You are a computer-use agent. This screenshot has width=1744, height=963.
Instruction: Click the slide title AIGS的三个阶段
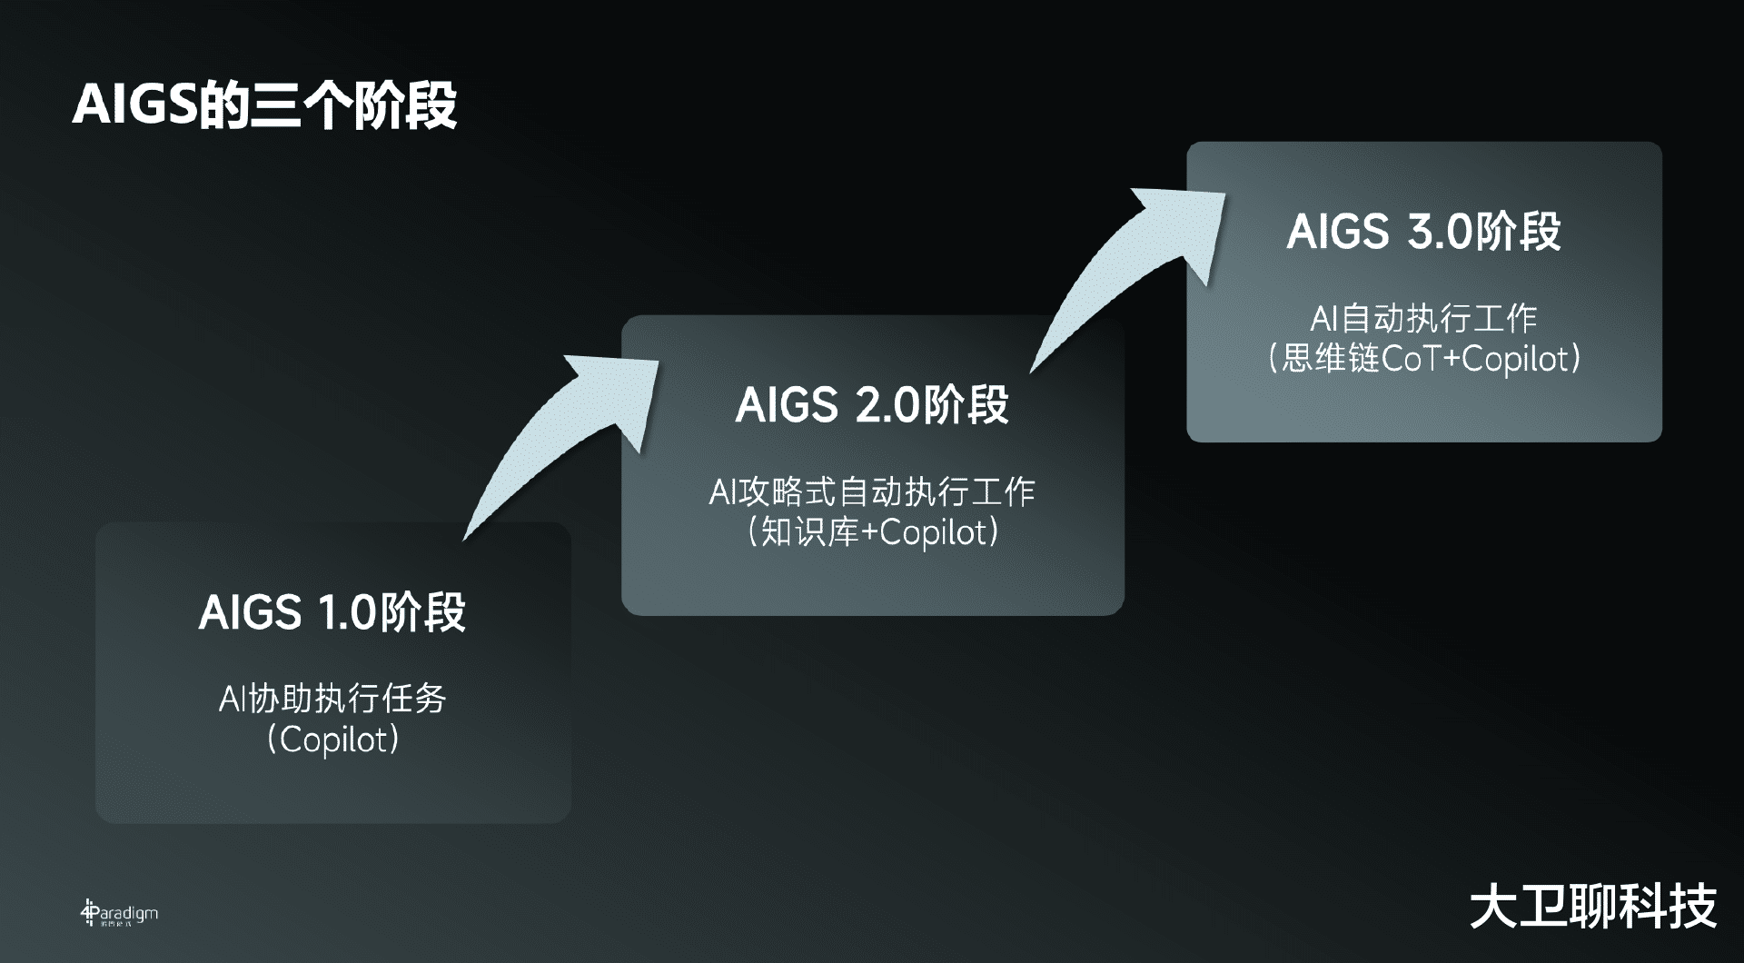tap(264, 105)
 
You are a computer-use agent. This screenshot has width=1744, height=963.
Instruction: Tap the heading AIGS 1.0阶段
tap(332, 612)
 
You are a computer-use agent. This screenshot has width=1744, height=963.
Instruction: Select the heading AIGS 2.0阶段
tap(872, 405)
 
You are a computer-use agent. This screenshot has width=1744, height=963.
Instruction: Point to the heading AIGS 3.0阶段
tap(1423, 232)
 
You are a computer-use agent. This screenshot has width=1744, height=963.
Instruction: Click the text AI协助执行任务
tap(332, 699)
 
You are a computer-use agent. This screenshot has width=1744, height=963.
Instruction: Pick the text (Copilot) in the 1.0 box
tap(332, 740)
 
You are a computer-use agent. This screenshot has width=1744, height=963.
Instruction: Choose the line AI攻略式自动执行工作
tap(872, 491)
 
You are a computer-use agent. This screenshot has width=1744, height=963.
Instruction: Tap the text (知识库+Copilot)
tap(872, 532)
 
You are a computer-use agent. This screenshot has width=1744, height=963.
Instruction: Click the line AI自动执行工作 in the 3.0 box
tap(1423, 318)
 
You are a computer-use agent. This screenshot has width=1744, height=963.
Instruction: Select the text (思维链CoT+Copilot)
tap(1423, 359)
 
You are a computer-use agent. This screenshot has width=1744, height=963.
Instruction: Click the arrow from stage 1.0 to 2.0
tap(563, 436)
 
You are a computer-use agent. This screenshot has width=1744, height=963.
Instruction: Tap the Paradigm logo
tap(119, 914)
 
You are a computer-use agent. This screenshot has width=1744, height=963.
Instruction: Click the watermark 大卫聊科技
tap(1593, 907)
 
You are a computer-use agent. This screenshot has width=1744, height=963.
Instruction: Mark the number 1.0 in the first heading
tap(345, 613)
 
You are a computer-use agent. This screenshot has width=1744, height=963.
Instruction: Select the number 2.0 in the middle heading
tap(887, 406)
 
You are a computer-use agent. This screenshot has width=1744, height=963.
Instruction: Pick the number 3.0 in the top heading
tap(1438, 233)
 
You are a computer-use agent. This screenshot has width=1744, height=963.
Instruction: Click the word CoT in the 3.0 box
tap(1410, 359)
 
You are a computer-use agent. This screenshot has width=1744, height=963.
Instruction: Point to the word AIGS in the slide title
tap(134, 105)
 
